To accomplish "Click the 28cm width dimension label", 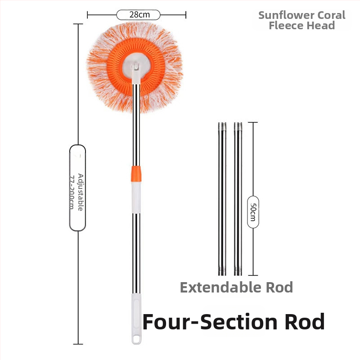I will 139,15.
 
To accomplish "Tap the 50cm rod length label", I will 253,212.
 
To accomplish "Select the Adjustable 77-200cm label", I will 78,188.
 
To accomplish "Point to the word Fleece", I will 286,25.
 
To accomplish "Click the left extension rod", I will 222,198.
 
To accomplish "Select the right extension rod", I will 238,198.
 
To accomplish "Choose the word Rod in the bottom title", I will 301,322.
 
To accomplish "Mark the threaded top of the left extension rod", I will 222,126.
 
